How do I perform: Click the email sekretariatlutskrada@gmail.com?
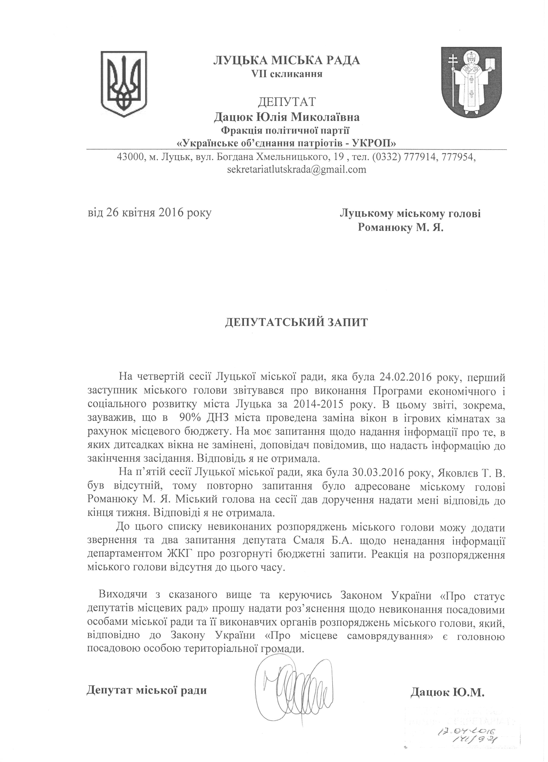pyautogui.click(x=297, y=169)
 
